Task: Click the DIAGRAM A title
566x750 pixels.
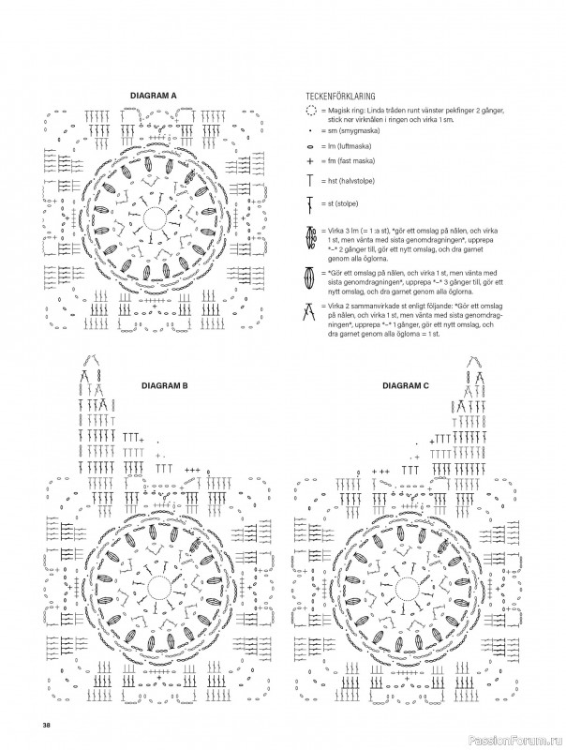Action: (153, 96)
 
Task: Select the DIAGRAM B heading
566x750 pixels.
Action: (165, 385)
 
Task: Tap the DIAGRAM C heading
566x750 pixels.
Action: (406, 385)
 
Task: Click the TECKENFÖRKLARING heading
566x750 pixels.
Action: (340, 97)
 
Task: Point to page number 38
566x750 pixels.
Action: (46, 725)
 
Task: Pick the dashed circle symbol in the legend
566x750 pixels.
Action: (311, 112)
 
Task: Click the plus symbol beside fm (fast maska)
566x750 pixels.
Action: (310, 161)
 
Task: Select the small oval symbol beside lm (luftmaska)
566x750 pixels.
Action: (310, 146)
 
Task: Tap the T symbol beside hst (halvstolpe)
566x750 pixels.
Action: (310, 181)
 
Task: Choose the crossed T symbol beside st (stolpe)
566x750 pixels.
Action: (310, 204)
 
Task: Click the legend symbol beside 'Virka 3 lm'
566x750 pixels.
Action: (310, 238)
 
